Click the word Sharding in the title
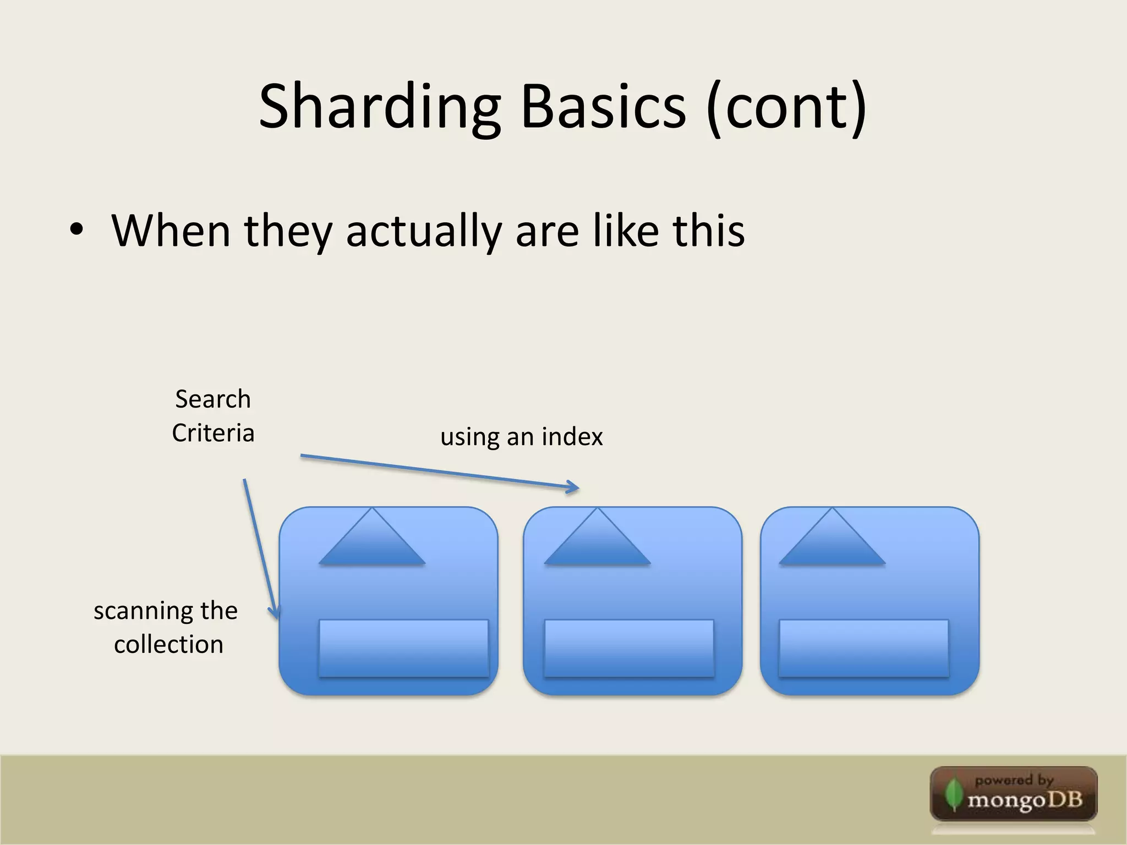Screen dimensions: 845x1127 tap(379, 107)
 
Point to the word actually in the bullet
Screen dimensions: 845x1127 tap(423, 231)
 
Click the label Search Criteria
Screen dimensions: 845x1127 tap(213, 416)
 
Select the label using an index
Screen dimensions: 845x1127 tap(521, 437)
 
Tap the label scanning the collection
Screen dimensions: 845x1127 tap(166, 627)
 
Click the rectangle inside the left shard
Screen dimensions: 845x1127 tap(403, 648)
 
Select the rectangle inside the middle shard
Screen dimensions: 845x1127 tap(628, 648)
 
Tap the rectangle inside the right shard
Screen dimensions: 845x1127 tap(863, 648)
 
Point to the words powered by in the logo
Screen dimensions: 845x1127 tap(1014, 780)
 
